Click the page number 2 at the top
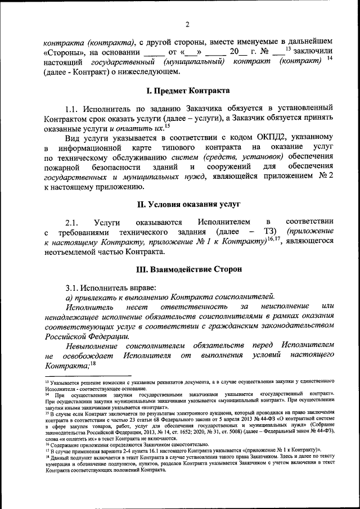pos(188,24)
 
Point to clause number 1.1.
pos(74,107)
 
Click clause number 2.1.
pos(74,222)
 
